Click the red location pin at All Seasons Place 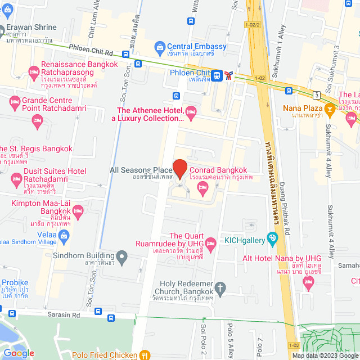pos(179,168)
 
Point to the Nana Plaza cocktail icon pos(330,107)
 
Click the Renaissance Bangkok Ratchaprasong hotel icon pos(33,73)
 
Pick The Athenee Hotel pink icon pos(191,110)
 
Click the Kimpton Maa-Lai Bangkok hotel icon pos(78,211)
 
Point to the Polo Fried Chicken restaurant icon pos(145,355)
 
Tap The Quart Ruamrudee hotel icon pos(211,244)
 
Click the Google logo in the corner pos(19,353)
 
